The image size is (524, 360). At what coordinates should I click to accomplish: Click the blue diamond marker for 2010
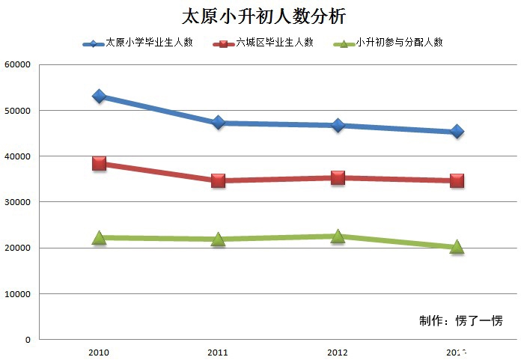[99, 97]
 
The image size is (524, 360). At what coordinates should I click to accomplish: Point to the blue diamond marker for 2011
[219, 122]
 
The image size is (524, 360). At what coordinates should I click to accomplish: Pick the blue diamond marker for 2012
[338, 125]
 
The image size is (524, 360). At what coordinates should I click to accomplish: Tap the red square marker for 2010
[99, 163]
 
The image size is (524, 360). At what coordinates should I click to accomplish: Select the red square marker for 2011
[219, 180]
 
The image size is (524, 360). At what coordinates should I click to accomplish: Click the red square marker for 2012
[338, 177]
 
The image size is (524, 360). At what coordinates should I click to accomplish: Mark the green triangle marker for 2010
[99, 237]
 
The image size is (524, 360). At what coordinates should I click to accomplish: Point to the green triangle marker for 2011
[219, 239]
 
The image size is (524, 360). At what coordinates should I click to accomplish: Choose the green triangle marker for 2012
[338, 236]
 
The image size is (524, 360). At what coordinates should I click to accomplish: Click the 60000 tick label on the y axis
[17, 65]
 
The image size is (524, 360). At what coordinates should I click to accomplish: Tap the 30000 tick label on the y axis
[17, 202]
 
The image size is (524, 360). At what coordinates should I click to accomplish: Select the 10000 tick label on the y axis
[17, 294]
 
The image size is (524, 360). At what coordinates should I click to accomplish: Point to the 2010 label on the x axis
[99, 351]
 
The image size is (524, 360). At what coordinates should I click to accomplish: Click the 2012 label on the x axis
[338, 351]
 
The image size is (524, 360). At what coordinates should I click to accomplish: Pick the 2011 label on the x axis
[219, 351]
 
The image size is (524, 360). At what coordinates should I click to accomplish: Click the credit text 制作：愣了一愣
[460, 321]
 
